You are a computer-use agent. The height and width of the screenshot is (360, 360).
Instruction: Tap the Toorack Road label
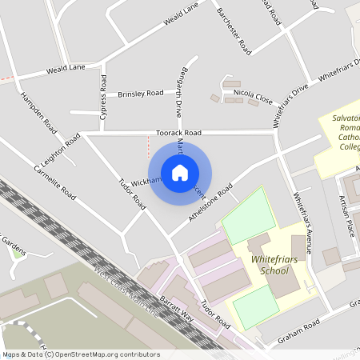click(178, 134)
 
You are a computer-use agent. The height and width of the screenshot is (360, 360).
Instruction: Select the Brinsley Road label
click(141, 94)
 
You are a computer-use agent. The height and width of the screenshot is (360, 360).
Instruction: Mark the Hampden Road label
click(40, 114)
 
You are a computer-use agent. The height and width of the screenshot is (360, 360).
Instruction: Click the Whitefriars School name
click(269, 266)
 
